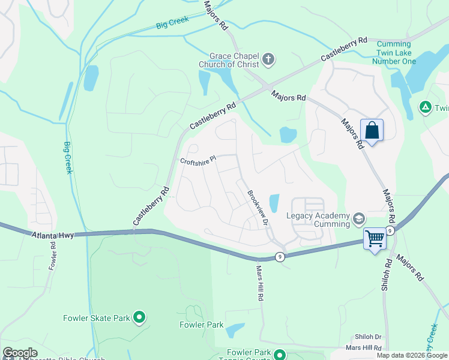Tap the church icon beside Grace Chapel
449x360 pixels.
coord(268,59)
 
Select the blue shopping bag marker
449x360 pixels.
coord(372,130)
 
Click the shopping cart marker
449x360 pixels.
coord(375,238)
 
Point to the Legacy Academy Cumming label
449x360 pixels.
coord(318,220)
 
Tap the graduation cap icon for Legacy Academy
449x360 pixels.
coord(359,218)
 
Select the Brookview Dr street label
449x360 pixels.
coord(257,208)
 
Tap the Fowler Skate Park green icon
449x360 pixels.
coord(139,316)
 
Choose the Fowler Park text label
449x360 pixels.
coord(201,325)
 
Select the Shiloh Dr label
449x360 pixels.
coord(369,337)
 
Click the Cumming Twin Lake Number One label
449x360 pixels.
coord(394,53)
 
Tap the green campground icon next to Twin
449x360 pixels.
coord(425,107)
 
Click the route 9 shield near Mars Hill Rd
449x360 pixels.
coord(279,257)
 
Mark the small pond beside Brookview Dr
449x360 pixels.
coord(274,203)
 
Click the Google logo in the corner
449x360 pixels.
coord(20,353)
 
